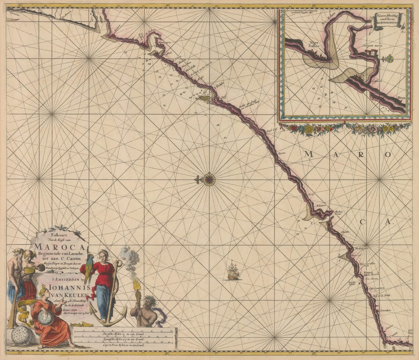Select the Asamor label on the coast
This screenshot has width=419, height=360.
coord(322,206)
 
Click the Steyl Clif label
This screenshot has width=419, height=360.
coord(272,130)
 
